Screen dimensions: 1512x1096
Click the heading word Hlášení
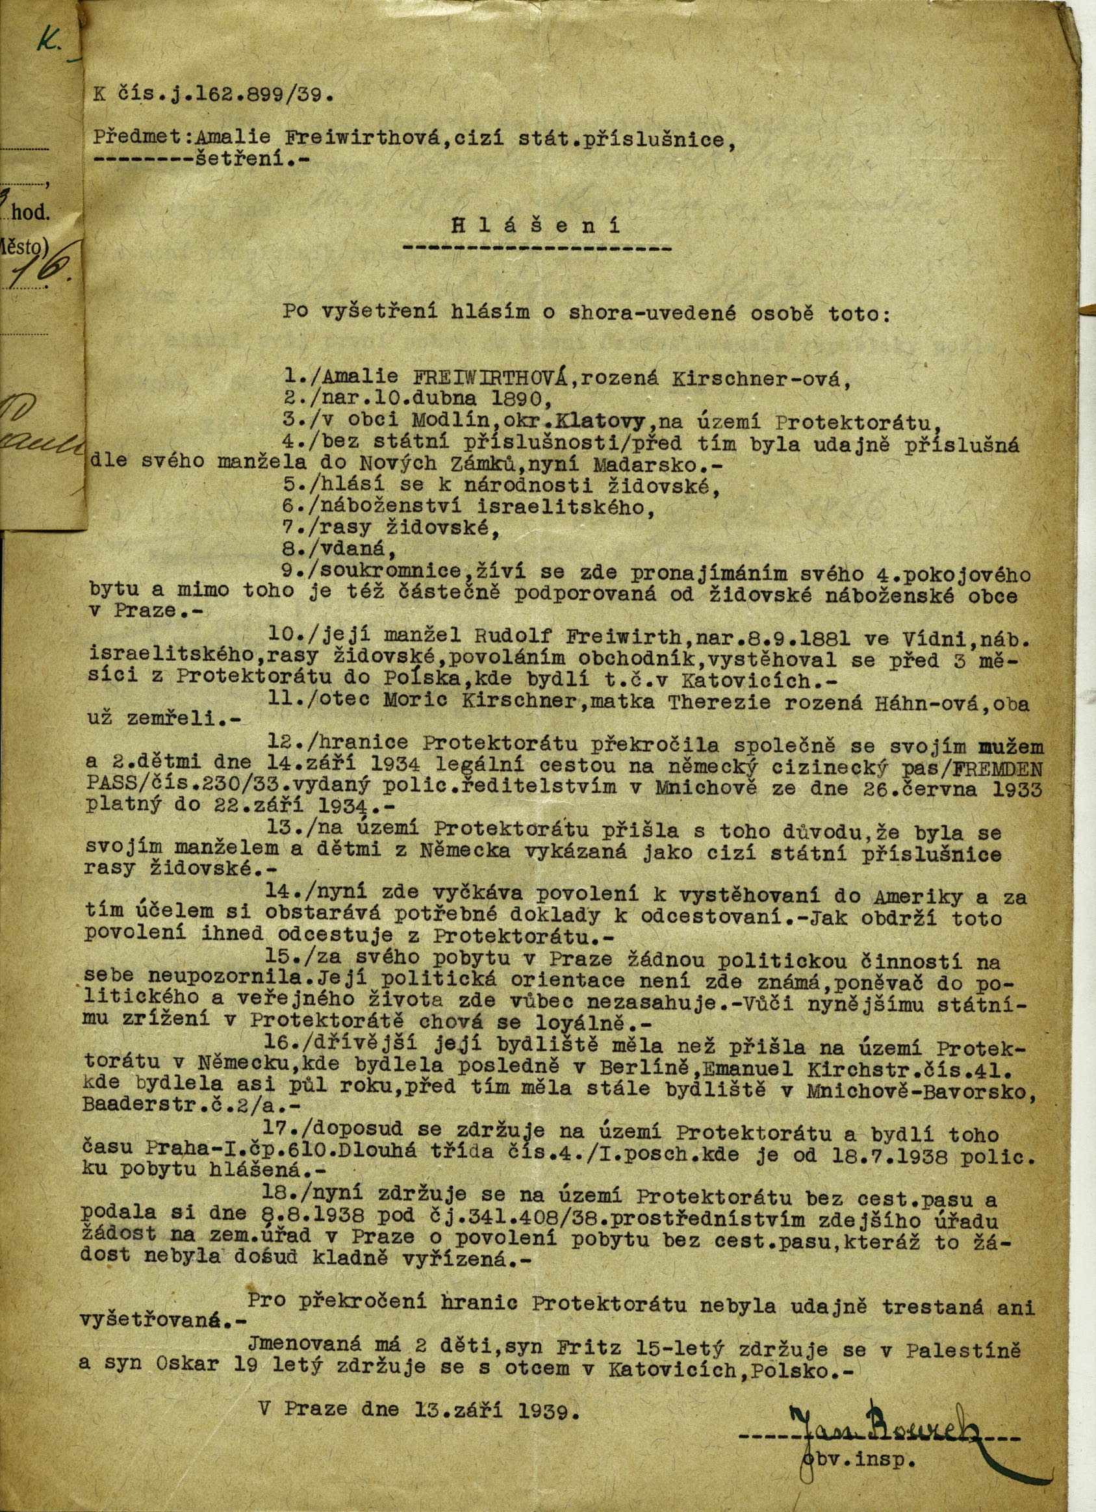click(537, 225)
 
